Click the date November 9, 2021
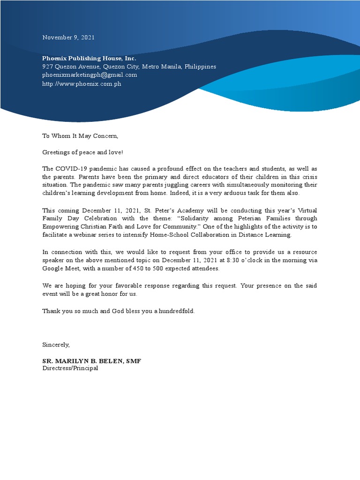68,37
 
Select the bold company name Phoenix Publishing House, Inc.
89,58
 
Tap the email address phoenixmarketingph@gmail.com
90,75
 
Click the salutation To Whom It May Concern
80,136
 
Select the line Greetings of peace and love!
82,152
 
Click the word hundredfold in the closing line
177,311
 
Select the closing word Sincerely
56,345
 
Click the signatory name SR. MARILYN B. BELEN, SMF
92,361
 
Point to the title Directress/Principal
70,368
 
